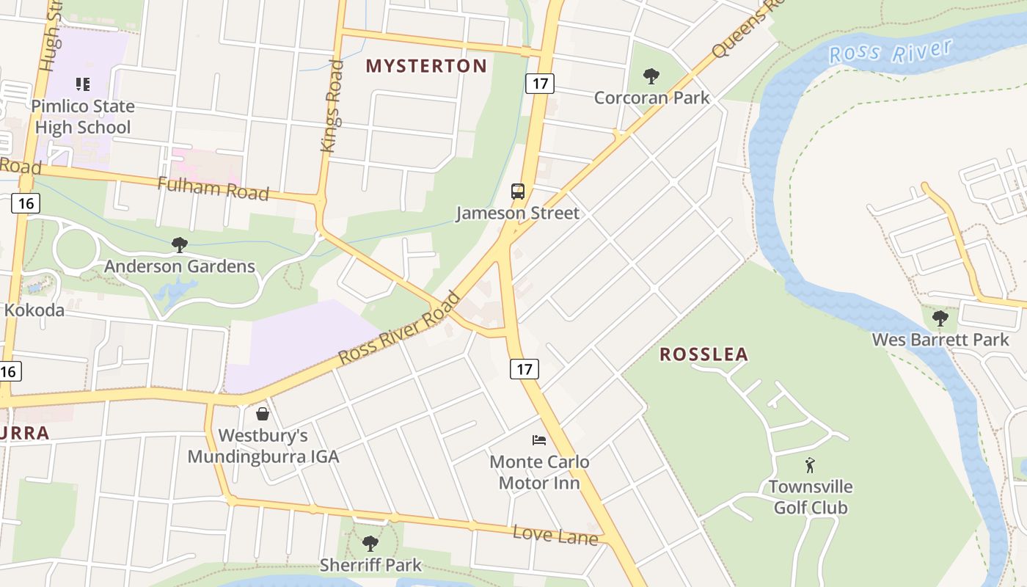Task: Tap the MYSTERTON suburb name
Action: (x=426, y=66)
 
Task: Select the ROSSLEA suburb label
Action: (x=703, y=354)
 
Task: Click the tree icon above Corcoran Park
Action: (x=651, y=76)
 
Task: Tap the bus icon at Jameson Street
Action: (x=518, y=192)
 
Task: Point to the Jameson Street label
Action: (x=518, y=214)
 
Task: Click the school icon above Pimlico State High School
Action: (x=83, y=84)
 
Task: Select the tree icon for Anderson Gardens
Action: (x=179, y=244)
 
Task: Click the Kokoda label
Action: (x=34, y=310)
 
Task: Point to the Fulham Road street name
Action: (x=213, y=188)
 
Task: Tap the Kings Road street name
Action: (x=332, y=106)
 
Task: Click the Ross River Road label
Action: (x=399, y=329)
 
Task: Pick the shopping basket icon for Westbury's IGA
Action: (x=263, y=414)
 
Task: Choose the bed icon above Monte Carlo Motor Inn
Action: (x=539, y=440)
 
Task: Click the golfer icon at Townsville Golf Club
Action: (x=810, y=465)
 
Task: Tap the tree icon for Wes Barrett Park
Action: (x=940, y=318)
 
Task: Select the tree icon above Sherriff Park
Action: (x=370, y=544)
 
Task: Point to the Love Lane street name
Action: (x=555, y=535)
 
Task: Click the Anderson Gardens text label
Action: (x=180, y=266)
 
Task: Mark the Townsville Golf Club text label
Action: (x=811, y=497)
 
